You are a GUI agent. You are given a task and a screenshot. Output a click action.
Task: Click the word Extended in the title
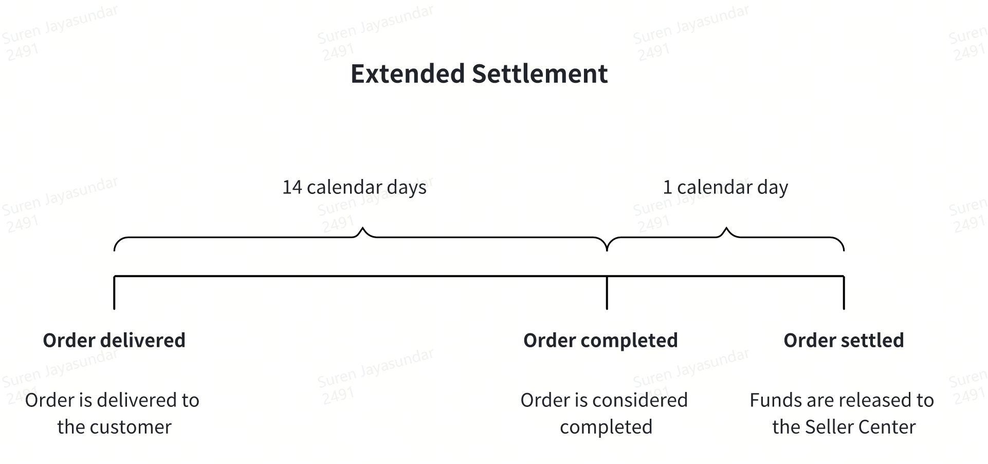pyautogui.click(x=408, y=74)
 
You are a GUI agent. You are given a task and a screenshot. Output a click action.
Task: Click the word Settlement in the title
pyautogui.click(x=540, y=74)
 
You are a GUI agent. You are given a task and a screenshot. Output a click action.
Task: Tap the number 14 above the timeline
pyautogui.click(x=292, y=187)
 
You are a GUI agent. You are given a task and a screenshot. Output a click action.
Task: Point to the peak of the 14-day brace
pyautogui.click(x=363, y=227)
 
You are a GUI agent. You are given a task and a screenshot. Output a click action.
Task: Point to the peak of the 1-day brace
pyautogui.click(x=726, y=227)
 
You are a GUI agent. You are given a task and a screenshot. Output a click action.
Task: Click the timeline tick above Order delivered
pyautogui.click(x=114, y=293)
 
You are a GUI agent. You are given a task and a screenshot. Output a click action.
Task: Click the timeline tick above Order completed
pyautogui.click(x=607, y=293)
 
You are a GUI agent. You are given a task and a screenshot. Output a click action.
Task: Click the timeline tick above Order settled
pyautogui.click(x=844, y=293)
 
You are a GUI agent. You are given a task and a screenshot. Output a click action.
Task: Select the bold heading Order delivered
pyautogui.click(x=114, y=341)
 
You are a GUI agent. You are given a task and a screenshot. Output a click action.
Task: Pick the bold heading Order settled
pyautogui.click(x=844, y=341)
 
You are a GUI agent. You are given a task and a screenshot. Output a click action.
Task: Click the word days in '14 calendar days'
pyautogui.click(x=407, y=188)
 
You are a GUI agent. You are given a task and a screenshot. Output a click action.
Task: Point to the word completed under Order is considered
pyautogui.click(x=606, y=427)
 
